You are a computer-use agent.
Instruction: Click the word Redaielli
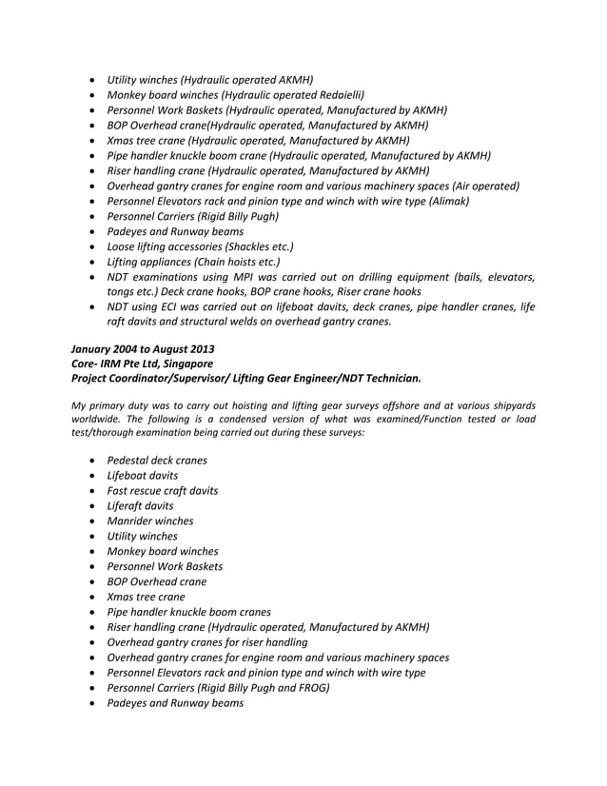coord(337,95)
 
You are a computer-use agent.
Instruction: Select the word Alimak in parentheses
coord(448,201)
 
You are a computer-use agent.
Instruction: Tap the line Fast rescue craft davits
coord(162,490)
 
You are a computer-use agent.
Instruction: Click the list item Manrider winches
coord(149,521)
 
